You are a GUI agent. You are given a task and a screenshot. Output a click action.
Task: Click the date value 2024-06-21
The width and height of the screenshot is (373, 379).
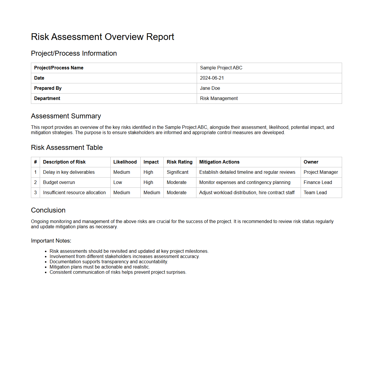(x=212, y=78)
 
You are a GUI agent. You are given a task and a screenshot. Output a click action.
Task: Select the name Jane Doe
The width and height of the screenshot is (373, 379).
(x=210, y=88)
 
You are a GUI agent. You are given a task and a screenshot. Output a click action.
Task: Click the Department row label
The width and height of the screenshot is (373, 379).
(x=47, y=99)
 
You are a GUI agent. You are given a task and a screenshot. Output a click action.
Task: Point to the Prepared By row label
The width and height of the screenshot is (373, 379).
(x=48, y=88)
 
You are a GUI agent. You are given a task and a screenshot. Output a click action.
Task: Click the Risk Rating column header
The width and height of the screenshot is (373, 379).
(x=179, y=162)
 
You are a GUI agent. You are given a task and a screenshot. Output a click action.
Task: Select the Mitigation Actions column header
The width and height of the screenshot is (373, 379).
(x=219, y=162)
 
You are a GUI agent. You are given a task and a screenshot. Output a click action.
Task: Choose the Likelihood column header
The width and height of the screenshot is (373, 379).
(x=125, y=162)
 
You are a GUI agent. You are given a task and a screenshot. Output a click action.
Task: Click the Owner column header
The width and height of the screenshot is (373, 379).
(x=311, y=162)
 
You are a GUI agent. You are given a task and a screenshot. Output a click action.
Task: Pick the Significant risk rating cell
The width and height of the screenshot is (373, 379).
(x=177, y=172)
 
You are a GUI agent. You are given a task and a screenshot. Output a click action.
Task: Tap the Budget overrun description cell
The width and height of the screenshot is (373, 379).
(x=59, y=183)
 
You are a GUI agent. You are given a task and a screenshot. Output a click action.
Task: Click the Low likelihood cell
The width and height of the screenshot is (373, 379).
(x=118, y=183)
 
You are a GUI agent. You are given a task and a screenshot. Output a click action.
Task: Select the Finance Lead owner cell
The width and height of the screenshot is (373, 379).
(x=318, y=183)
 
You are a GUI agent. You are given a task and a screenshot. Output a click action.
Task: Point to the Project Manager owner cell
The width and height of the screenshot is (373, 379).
(x=320, y=172)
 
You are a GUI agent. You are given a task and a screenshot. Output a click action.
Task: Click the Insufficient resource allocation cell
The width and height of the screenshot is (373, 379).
(x=74, y=193)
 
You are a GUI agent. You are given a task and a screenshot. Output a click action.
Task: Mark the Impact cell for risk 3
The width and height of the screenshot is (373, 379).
(x=152, y=193)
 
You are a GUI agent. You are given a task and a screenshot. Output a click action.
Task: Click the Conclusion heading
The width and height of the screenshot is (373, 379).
(x=48, y=210)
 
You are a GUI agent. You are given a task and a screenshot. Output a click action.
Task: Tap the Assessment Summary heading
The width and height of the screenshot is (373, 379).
(x=66, y=116)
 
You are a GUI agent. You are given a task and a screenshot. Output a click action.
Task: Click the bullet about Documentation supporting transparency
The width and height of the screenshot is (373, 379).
(x=109, y=262)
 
